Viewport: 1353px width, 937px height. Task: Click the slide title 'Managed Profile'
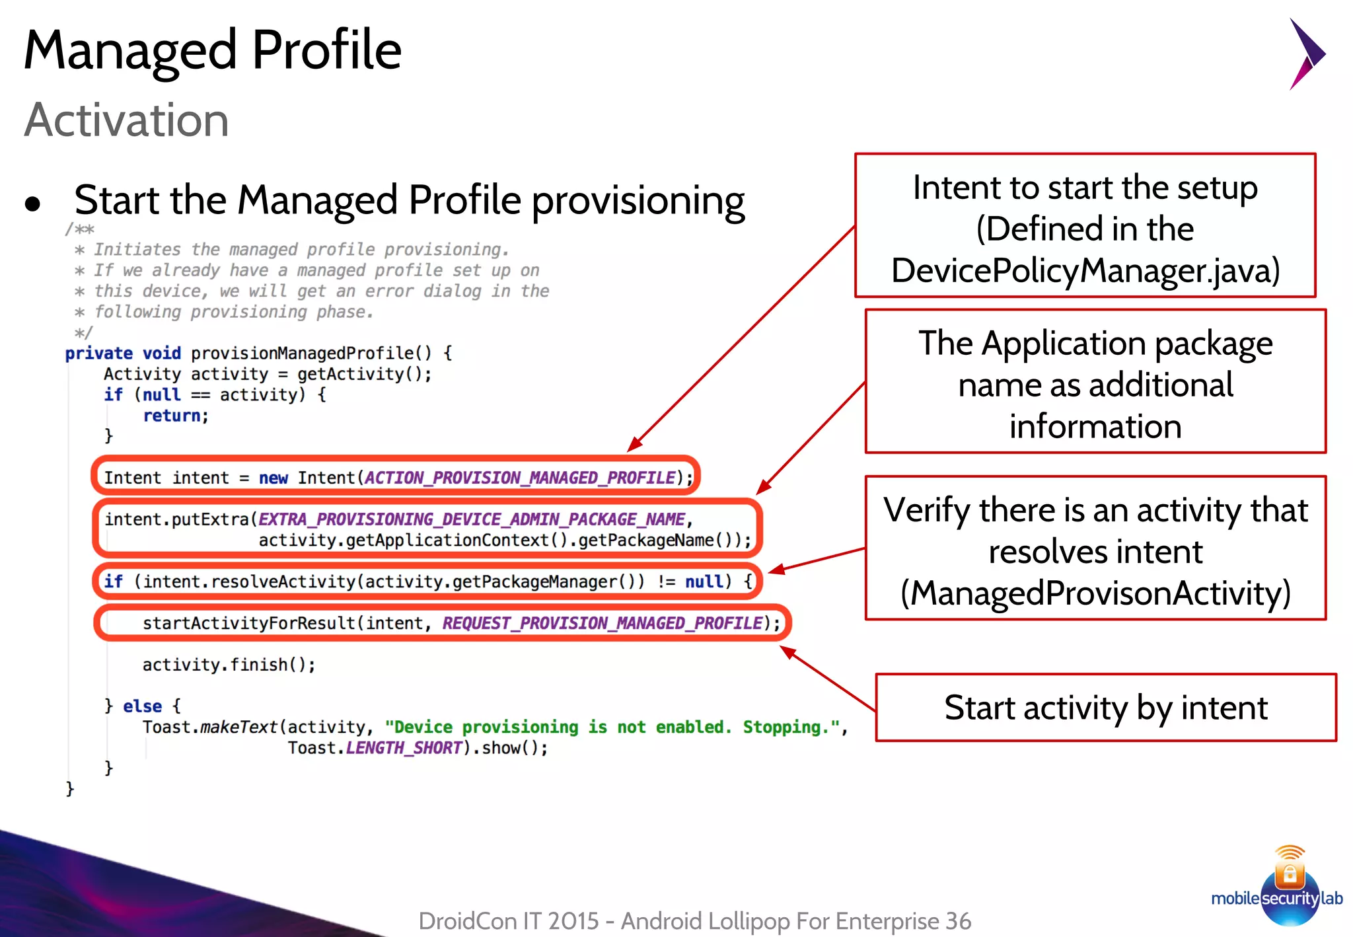coord(212,50)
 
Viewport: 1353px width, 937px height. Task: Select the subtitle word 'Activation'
coord(126,120)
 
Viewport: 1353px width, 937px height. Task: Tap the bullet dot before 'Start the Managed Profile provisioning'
coord(32,204)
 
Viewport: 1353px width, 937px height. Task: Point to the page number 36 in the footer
coord(958,920)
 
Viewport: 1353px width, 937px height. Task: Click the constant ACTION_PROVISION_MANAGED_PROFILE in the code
coord(520,478)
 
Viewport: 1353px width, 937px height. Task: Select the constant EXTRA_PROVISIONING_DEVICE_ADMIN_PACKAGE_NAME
coord(472,519)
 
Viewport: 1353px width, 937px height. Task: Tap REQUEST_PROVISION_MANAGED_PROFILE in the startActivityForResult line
coord(603,623)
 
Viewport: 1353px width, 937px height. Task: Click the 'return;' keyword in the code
coord(176,416)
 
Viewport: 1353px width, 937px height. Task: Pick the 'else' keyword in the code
coord(142,706)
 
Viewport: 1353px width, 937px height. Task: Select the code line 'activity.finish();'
coord(229,665)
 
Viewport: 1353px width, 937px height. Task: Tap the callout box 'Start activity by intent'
coord(1105,708)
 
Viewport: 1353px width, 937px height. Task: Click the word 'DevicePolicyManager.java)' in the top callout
coord(1085,270)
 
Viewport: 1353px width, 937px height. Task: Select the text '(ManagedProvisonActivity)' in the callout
coord(1095,593)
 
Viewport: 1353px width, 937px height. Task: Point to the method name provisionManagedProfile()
coord(311,354)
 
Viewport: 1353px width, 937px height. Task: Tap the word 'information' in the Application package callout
coord(1095,426)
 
